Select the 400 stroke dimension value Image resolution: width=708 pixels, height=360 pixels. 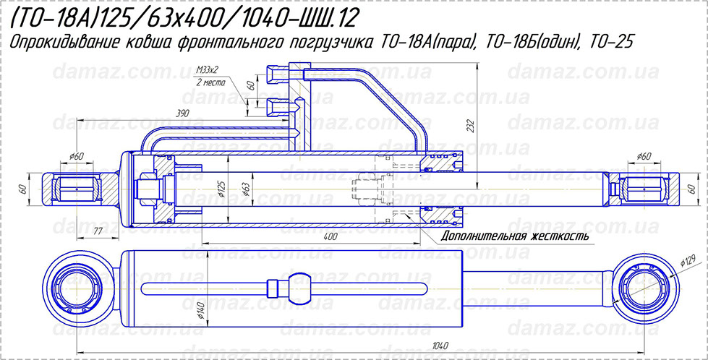click(x=330, y=236)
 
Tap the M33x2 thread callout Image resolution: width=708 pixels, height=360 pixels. click(x=207, y=70)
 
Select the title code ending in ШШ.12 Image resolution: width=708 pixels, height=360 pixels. click(x=184, y=17)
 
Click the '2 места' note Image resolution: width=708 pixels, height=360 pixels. click(x=210, y=82)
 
